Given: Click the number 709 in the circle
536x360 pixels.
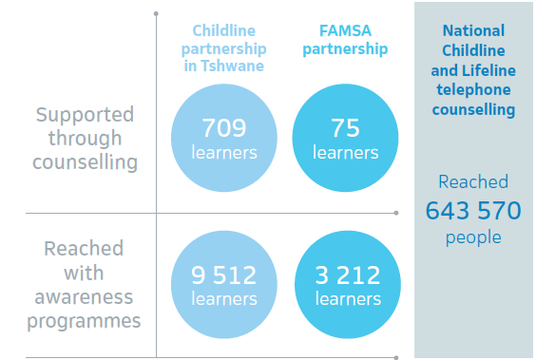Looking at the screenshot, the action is pos(224,128).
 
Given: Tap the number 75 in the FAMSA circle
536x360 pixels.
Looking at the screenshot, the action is pos(345,128).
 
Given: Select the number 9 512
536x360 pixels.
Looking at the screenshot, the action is pos(224,275).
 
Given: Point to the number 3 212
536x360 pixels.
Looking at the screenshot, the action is pos(348,275).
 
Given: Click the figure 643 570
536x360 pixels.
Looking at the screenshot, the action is pos(473,211).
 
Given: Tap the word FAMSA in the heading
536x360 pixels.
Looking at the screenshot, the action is pos(345,30).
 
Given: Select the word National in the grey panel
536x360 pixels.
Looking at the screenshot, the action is pos(473,30).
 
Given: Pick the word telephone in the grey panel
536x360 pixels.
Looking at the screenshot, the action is pos(473,90).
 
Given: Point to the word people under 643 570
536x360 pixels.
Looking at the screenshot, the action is pos(473,237).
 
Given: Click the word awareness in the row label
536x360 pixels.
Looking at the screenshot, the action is pos(84,297).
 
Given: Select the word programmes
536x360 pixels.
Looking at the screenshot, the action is pos(84,321).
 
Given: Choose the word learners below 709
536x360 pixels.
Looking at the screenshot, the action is pos(224,152).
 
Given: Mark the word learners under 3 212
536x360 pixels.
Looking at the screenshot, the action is pos(348,299).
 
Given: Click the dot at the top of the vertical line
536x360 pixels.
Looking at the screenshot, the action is pos(156,13).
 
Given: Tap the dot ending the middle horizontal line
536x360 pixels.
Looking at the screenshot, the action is pos(396,213).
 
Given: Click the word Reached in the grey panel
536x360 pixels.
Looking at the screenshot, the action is pos(473,181).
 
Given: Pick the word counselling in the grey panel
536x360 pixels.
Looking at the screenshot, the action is pos(473,110).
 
